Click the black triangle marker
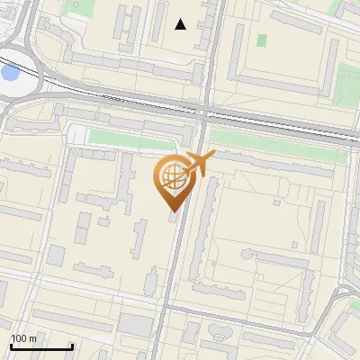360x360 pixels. pyautogui.click(x=181, y=24)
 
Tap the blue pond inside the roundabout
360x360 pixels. pyautogui.click(x=9, y=72)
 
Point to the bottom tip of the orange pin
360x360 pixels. pyautogui.click(x=171, y=211)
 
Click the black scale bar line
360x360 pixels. pyautogui.click(x=40, y=346)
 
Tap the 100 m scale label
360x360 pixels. pyautogui.click(x=23, y=338)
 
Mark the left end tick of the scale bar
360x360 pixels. pyautogui.click(x=10, y=345)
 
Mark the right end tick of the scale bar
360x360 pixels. pyautogui.click(x=72, y=345)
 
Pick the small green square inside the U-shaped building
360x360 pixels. pyautogui.click(x=262, y=40)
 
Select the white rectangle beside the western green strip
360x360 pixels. pyautogui.click(x=79, y=135)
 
